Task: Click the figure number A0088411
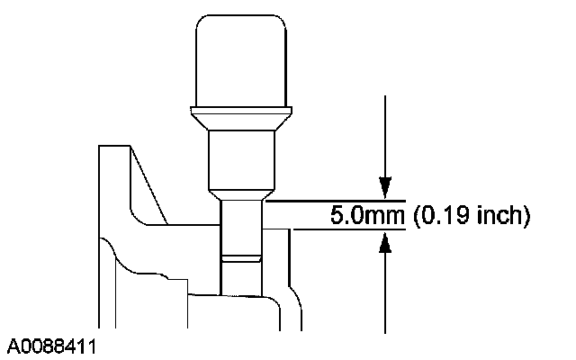click(x=51, y=346)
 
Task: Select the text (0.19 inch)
click(x=472, y=215)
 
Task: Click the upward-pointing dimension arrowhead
click(x=385, y=242)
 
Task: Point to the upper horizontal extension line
click(x=336, y=201)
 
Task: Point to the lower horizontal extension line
click(x=349, y=229)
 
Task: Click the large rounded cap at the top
click(x=241, y=61)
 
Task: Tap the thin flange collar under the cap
click(x=241, y=110)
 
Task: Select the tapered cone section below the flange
click(x=241, y=122)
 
